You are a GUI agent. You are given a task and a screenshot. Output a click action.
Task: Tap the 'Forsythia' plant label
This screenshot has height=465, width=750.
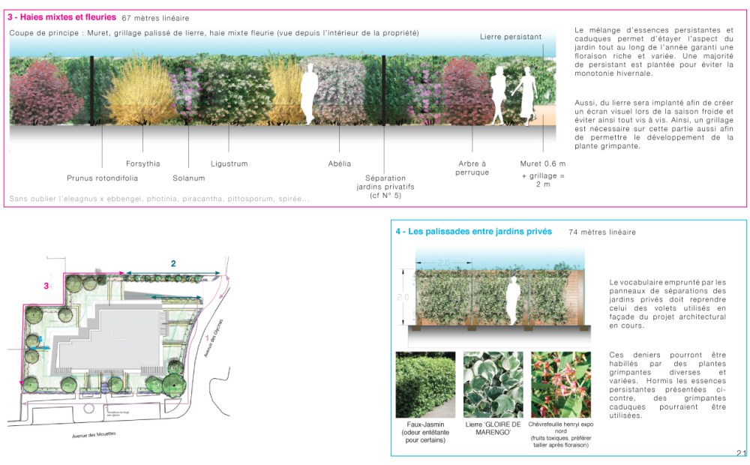tap(142, 163)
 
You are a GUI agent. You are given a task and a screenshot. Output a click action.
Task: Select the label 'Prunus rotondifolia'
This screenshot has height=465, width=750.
tap(102, 178)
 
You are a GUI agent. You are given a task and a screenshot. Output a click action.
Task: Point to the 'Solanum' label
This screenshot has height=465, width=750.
tap(188, 178)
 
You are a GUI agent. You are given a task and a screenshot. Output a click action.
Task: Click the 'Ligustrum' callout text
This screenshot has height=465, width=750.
tap(229, 163)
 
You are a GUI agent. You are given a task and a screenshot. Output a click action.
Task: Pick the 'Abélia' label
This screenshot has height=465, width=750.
tap(340, 163)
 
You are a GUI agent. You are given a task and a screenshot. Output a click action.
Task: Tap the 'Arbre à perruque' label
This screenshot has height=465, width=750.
tap(472, 168)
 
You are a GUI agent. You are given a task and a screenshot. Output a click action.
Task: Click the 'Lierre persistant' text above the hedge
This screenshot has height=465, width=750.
tap(511, 37)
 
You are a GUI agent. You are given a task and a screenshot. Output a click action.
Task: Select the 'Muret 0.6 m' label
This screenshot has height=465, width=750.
tap(542, 163)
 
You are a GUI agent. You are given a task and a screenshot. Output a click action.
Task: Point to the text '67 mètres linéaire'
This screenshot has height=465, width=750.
tap(155, 17)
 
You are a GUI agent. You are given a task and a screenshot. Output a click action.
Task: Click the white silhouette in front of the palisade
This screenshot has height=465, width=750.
tap(514, 300)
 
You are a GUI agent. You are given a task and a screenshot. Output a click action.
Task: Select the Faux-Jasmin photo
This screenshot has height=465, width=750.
tap(425, 385)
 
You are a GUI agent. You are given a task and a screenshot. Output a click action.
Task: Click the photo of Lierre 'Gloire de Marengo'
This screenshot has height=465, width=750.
tap(493, 385)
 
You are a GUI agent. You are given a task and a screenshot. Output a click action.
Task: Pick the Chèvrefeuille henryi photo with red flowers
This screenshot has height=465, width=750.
tap(561, 385)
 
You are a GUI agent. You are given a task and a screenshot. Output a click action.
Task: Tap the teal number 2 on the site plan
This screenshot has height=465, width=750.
tap(173, 263)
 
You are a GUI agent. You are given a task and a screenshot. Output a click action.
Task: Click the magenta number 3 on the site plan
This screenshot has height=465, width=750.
tap(46, 286)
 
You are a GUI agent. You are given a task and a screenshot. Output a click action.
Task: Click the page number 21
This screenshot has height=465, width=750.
tap(741, 452)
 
